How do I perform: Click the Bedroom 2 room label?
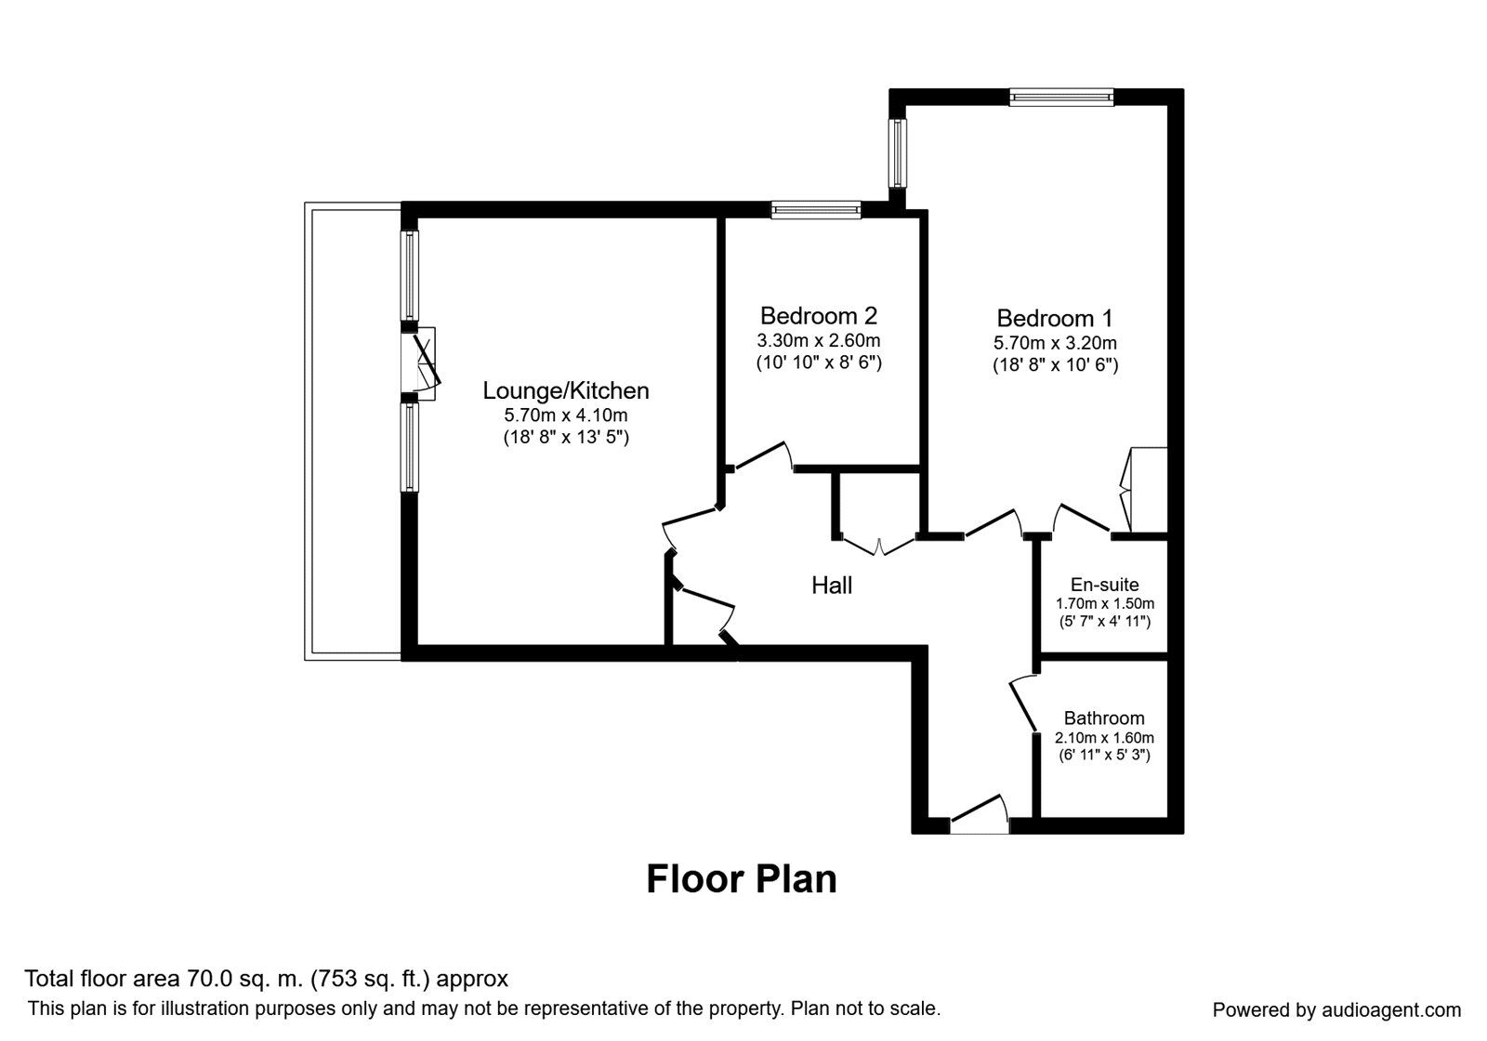pos(818,316)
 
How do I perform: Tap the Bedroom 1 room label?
pos(1055,319)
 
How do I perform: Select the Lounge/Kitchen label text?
pos(565,390)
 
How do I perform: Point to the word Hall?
pos(832,585)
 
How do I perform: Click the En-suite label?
pos(1104,585)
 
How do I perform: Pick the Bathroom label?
pos(1104,718)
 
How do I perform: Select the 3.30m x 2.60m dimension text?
pos(818,340)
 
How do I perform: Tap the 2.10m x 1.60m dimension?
pos(1104,737)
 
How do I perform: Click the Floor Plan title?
pos(741,878)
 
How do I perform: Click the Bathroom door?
pos(1023,705)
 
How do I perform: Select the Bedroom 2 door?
pos(762,456)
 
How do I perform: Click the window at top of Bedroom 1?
pos(1061,96)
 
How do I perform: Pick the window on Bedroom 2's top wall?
pos(816,211)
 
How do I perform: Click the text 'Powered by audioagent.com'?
pos(1336,1009)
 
